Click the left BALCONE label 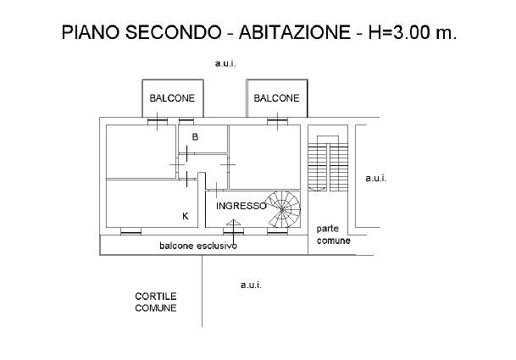point(172,98)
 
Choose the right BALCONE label point(276,98)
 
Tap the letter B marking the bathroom point(195,136)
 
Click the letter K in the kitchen point(186,216)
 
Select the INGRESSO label point(241,206)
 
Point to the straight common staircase point(327,166)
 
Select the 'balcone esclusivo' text point(197,246)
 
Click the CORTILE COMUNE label point(156,302)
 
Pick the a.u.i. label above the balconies point(225,64)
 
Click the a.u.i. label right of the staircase point(375,178)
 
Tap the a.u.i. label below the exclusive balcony point(251,285)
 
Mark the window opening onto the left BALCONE point(157,120)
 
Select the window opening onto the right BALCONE point(275,120)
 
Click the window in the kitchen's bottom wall point(130,230)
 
